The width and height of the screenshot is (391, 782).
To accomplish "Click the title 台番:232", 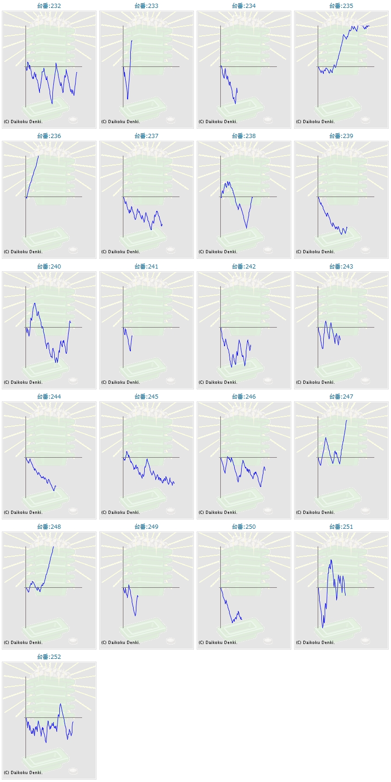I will coord(49,6).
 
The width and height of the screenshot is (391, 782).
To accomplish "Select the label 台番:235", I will coord(341,6).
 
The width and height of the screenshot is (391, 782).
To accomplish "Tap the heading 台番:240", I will coord(49,267).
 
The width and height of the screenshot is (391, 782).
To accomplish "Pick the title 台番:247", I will coord(341,397).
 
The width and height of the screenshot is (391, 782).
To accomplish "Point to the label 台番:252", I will coord(49,657).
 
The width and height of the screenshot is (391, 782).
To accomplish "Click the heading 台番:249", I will coord(146,527).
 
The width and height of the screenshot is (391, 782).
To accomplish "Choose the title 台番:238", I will coord(244,136).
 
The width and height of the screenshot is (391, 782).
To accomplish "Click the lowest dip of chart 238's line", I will coord(246,228).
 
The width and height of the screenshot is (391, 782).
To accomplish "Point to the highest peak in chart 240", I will coord(35,303).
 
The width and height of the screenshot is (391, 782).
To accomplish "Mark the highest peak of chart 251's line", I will coord(331,560).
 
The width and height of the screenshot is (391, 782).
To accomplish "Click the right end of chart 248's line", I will coord(54,547).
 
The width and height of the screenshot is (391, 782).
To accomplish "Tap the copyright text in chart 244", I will coord(23,513).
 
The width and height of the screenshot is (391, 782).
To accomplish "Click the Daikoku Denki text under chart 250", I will coord(218,643).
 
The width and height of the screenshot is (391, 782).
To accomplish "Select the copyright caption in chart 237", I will coord(121,252).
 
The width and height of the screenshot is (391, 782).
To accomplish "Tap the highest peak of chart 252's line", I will coord(61,704).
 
